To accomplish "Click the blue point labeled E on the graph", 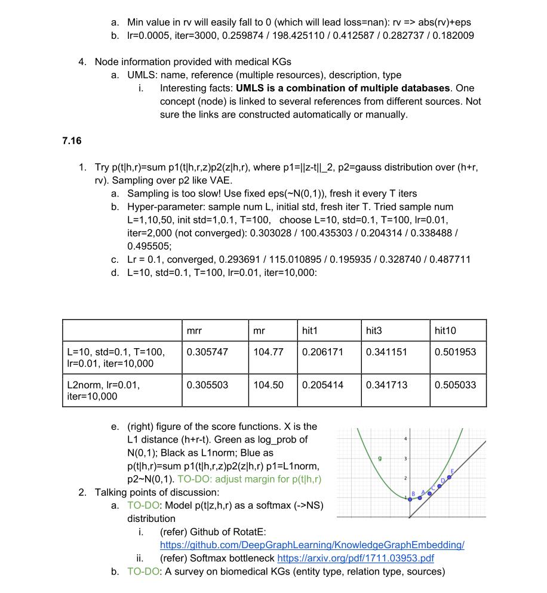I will point(450,477).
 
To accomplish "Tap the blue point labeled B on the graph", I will point(410,499).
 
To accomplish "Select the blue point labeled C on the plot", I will point(429,493).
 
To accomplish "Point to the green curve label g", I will point(379,459).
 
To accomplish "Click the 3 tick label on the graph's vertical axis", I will point(406,459).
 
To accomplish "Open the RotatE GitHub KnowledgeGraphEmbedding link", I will point(312,545).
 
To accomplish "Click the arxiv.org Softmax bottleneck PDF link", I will point(355,558).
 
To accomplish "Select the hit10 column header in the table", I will point(445,330).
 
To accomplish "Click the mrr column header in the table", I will point(194,330).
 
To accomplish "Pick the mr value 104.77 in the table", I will point(268,352).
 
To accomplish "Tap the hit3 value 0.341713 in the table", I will point(386,385).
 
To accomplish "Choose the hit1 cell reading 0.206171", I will point(322,352).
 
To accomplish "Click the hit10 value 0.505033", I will point(455,385).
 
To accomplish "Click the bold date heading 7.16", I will point(71,141).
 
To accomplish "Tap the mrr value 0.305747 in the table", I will point(207,352).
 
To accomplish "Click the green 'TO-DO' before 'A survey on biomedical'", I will point(143,572).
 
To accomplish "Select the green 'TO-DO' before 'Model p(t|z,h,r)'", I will point(143,505).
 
